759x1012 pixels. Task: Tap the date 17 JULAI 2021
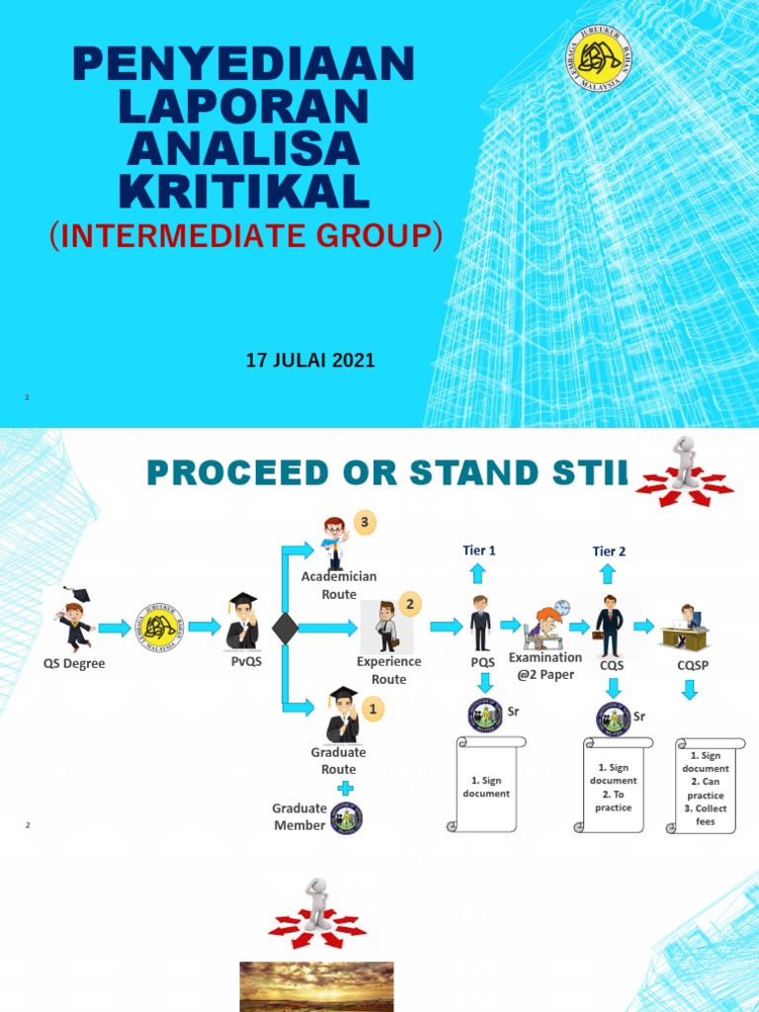310,361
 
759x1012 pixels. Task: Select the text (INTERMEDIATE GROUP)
245,236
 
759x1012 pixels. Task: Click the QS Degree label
74,664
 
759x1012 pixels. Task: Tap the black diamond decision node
285,628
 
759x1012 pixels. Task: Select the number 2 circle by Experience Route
410,604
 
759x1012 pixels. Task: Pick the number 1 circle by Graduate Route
373,709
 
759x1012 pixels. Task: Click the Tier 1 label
478,550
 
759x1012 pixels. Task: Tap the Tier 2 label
609,551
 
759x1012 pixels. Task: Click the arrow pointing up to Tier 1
478,573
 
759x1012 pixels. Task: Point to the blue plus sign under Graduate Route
346,788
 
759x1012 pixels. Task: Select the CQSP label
692,665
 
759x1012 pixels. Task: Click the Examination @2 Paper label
546,666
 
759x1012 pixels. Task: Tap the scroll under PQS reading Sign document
486,786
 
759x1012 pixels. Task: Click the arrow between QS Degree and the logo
115,627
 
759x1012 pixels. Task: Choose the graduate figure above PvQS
242,621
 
